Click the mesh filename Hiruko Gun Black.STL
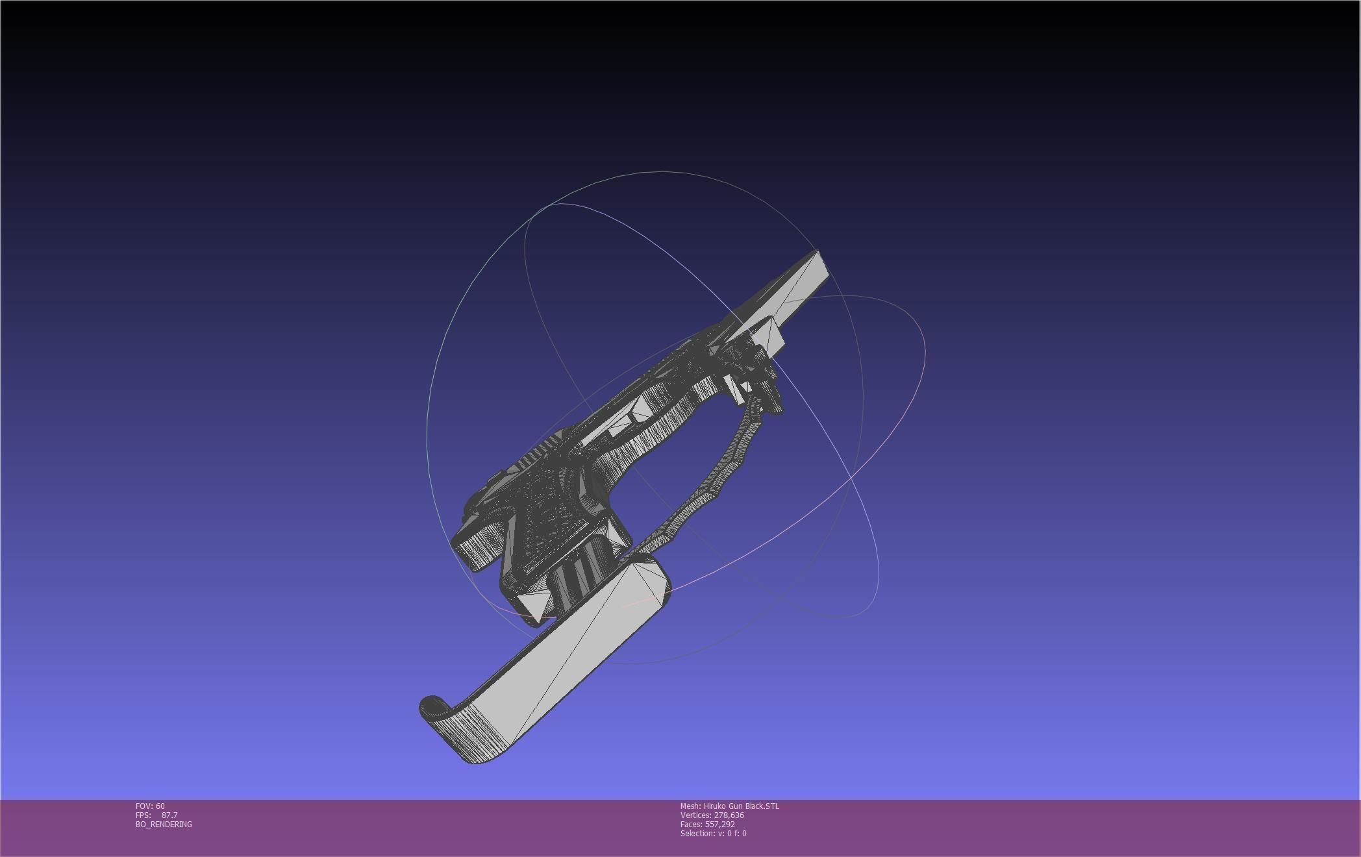coord(741,806)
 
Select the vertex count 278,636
coord(729,815)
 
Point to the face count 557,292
coord(719,825)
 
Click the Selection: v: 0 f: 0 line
coord(713,834)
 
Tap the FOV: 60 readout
coord(150,806)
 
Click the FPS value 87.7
coord(169,815)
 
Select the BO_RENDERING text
coord(164,825)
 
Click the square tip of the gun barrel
coord(819,266)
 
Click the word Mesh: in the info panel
coord(690,806)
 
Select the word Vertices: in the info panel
coord(696,815)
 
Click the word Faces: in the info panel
coord(692,825)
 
